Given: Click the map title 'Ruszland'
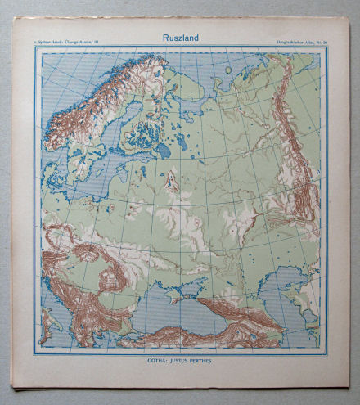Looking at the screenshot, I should coord(179,37).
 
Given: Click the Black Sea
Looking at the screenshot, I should coord(164,315).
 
